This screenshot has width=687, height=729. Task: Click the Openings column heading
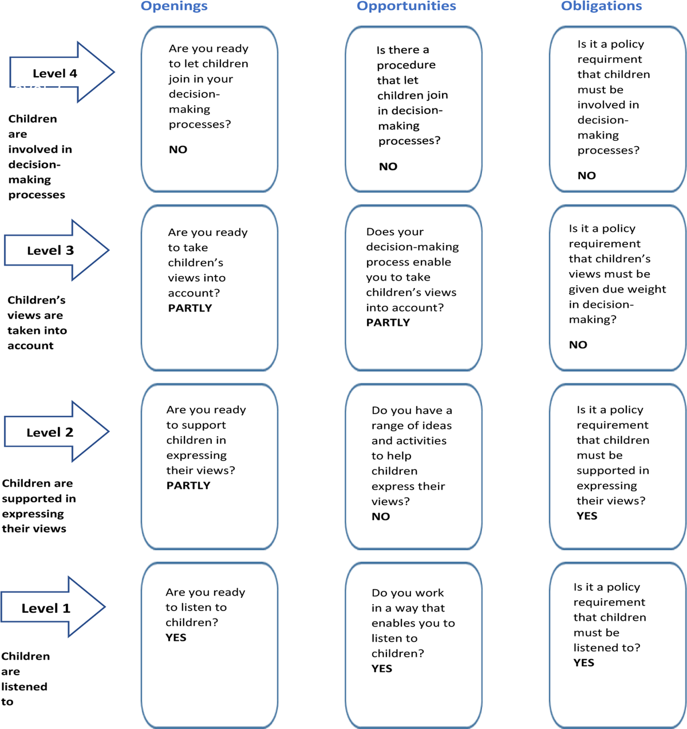click(174, 6)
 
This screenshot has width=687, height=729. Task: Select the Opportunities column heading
click(406, 6)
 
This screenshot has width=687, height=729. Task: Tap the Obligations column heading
click(602, 6)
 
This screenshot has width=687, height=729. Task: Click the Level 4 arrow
click(62, 72)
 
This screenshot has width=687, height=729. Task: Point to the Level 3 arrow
click(57, 250)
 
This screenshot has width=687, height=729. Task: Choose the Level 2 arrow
click(57, 432)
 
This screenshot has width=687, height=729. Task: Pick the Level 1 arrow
click(53, 607)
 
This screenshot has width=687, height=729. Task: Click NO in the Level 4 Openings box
click(178, 150)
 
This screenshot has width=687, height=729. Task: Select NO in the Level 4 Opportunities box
click(388, 167)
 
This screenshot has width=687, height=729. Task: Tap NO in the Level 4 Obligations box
click(586, 175)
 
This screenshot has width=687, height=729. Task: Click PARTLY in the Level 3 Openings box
click(189, 308)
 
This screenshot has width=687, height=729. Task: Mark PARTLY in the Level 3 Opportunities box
click(388, 322)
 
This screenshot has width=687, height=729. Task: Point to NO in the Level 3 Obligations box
click(578, 345)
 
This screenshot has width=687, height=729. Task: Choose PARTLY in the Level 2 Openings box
click(188, 486)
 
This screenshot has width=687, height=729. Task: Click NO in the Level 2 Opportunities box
click(381, 517)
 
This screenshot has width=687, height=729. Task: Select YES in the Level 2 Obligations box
click(587, 516)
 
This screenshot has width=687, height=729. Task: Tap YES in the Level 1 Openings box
click(176, 637)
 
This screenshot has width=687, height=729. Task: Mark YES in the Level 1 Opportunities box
click(382, 668)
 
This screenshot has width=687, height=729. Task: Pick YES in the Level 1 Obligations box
click(584, 663)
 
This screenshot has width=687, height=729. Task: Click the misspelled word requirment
click(610, 60)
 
